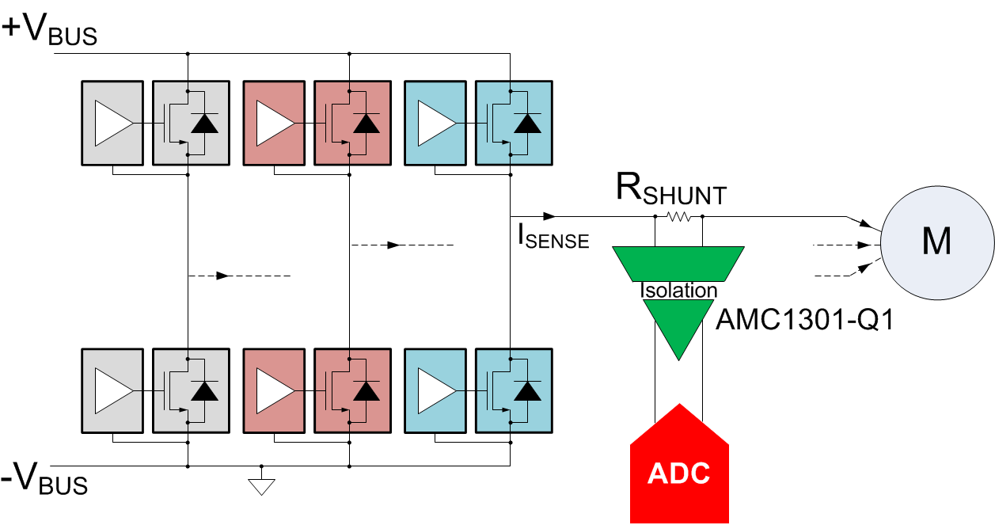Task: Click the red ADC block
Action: pos(678,472)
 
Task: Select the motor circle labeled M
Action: pos(936,242)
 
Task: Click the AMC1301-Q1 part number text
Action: pos(804,320)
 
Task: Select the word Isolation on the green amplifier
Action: pos(678,291)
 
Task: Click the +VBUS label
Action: pos(50,31)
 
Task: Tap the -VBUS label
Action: pos(45,481)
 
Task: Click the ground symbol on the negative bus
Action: pos(261,485)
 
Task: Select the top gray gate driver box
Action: pos(113,123)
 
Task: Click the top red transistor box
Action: pos(352,123)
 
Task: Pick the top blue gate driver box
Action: pos(436,123)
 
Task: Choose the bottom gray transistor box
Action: pos(190,390)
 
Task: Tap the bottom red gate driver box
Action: pos(275,390)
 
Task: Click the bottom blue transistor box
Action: pos(513,390)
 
